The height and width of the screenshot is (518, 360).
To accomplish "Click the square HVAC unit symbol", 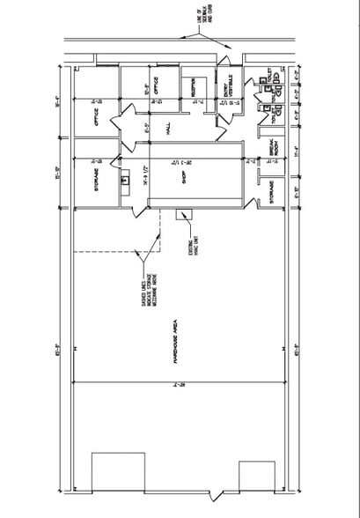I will (x=185, y=214).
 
